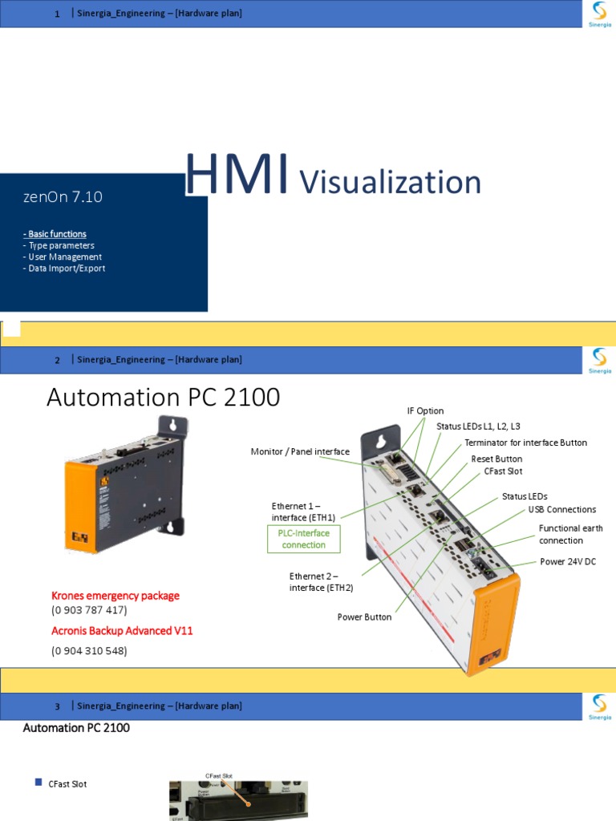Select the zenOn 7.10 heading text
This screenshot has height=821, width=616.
63,196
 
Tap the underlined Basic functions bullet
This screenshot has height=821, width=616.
55,234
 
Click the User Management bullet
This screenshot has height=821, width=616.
63,257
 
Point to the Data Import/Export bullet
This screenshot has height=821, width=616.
65,269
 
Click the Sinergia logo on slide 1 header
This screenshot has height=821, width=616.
599,14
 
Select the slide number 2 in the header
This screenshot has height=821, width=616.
58,360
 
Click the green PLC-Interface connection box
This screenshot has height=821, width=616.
304,539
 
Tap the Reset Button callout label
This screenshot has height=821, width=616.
496,459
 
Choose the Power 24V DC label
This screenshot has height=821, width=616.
568,562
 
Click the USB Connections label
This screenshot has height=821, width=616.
561,509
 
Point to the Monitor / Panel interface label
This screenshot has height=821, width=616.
300,452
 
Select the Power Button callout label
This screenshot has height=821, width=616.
364,617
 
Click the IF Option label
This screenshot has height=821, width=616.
425,410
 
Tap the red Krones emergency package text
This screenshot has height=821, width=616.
115,596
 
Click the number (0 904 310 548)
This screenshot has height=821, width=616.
89,651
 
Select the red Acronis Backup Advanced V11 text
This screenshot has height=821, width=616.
122,631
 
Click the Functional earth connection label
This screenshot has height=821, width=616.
570,534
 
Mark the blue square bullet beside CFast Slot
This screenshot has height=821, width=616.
38,783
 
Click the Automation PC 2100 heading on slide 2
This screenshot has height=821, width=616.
164,397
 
